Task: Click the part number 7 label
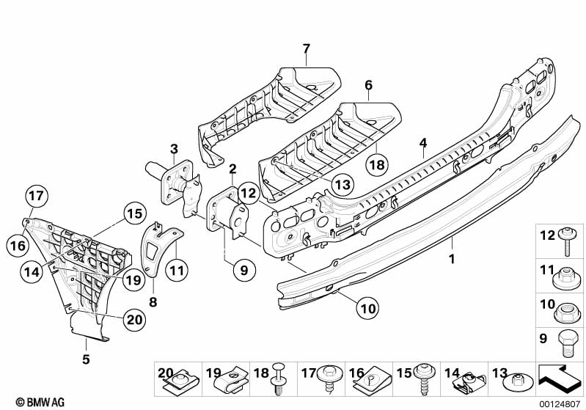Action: pyautogui.click(x=307, y=48)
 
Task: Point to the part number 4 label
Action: pyautogui.click(x=423, y=143)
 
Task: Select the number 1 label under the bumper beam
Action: pyautogui.click(x=452, y=259)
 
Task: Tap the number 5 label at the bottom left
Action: pyautogui.click(x=86, y=359)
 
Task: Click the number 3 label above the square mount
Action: pyautogui.click(x=174, y=149)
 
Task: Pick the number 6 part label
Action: pyautogui.click(x=369, y=85)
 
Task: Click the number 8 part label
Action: pyautogui.click(x=153, y=302)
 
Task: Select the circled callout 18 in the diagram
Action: pyautogui.click(x=377, y=164)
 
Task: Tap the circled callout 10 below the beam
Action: pyautogui.click(x=367, y=309)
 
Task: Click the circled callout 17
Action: pyautogui.click(x=37, y=196)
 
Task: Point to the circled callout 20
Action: pyautogui.click(x=135, y=320)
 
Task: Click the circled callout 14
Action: pyautogui.click(x=32, y=271)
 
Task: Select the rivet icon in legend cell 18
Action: pyautogui.click(x=279, y=378)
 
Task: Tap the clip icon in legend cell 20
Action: pyautogui.click(x=183, y=382)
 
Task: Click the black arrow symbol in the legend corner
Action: pyautogui.click(x=560, y=380)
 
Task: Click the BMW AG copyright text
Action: pyautogui.click(x=40, y=402)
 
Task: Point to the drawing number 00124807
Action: pyautogui.click(x=560, y=404)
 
